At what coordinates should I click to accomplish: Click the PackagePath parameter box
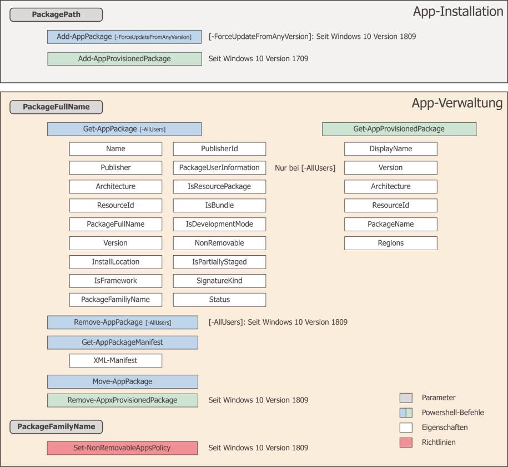[x=56, y=14]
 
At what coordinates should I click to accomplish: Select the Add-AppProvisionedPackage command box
[x=124, y=59]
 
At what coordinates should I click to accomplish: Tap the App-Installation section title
[x=458, y=12]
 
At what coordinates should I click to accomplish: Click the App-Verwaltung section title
[x=457, y=103]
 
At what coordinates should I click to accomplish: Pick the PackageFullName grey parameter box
[x=56, y=107]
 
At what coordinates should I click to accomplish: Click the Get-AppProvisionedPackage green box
[x=399, y=129]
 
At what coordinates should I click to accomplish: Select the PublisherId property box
[x=219, y=148]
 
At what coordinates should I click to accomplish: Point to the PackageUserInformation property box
[x=219, y=167]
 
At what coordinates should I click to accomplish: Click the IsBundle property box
[x=219, y=205]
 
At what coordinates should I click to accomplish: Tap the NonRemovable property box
[x=219, y=243]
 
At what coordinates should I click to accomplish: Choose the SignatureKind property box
[x=219, y=280]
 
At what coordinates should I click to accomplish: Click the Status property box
[x=219, y=300]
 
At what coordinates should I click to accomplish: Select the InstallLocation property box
[x=115, y=262]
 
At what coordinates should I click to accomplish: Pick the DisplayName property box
[x=391, y=148]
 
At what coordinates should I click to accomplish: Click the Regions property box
[x=391, y=243]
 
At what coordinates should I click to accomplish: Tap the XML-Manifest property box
[x=115, y=361]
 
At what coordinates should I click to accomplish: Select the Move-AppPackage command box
[x=123, y=381]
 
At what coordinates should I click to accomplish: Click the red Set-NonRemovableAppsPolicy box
[x=123, y=448]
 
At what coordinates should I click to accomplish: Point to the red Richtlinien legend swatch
[x=406, y=443]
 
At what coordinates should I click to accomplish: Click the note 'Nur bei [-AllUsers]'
[x=305, y=168]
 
